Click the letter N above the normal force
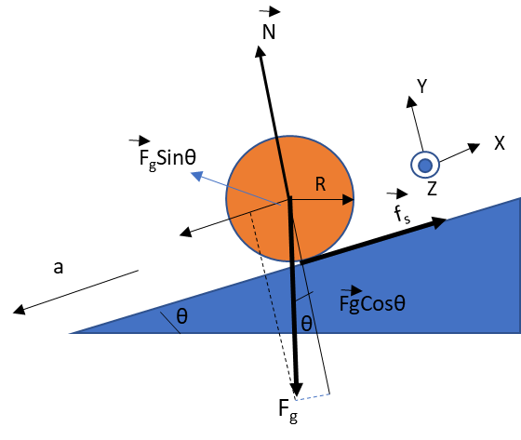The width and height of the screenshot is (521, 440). coord(269,33)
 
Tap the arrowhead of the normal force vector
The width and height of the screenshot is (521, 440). coord(260,51)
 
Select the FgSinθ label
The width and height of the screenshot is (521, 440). coord(167,157)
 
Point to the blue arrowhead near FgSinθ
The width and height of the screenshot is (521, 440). coord(196,176)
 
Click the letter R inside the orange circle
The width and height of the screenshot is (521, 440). coord(320,184)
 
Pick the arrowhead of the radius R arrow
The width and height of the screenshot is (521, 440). coord(348,200)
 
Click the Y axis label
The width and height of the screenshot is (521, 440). coord(422,87)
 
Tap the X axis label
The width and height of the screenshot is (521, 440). coord(500,143)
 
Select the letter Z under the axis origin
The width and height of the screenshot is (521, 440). coord(432,189)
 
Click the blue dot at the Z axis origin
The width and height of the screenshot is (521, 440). coord(425,166)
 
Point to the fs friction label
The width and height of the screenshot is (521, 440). coord(402,214)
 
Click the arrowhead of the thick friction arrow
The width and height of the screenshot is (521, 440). coord(438,221)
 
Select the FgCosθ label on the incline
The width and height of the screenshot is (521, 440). coord(372,304)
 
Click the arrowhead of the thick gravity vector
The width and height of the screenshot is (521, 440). coord(296,389)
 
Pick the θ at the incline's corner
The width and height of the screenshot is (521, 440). coord(181,315)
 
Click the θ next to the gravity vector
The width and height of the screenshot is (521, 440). coord(306,323)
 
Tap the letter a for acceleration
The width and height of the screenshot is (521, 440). coord(58,267)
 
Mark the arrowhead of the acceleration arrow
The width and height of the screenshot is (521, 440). coord(19,310)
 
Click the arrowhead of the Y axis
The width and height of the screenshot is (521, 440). coord(411,101)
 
